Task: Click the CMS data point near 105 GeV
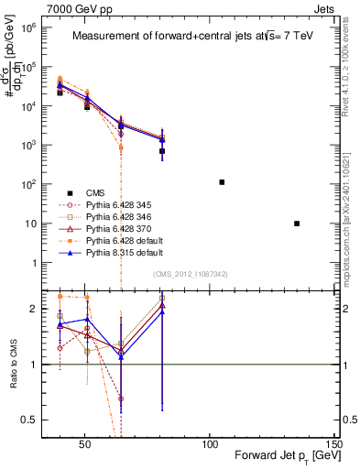click(x=222, y=182)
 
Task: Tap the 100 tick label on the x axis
click(x=210, y=442)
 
